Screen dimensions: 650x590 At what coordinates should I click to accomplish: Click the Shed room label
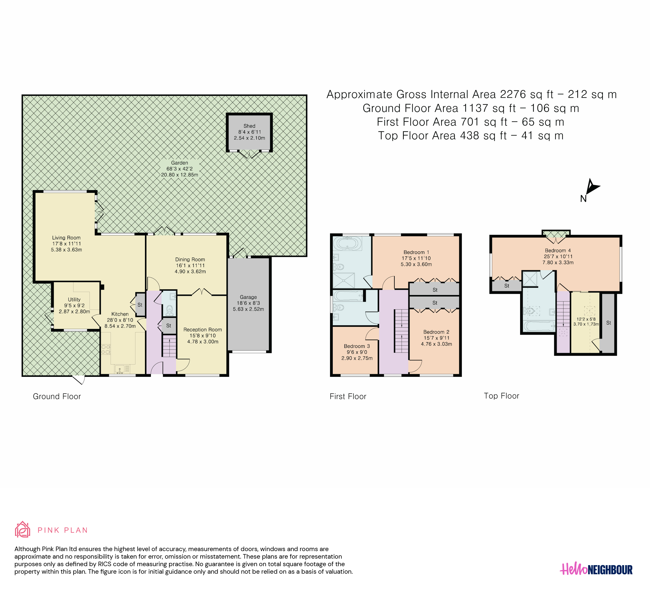249,126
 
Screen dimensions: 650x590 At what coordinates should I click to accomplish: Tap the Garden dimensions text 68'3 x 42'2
180,169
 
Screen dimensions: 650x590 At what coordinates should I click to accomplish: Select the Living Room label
66,238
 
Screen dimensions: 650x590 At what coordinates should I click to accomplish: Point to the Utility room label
74,300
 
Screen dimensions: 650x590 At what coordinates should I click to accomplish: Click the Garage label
248,297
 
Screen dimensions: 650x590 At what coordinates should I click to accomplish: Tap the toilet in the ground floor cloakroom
170,311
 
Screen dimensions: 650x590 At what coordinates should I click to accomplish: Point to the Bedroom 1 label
416,252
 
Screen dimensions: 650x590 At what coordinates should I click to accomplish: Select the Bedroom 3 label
357,346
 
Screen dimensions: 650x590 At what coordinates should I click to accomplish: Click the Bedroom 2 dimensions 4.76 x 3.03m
436,344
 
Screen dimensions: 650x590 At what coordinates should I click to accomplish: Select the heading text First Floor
348,396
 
